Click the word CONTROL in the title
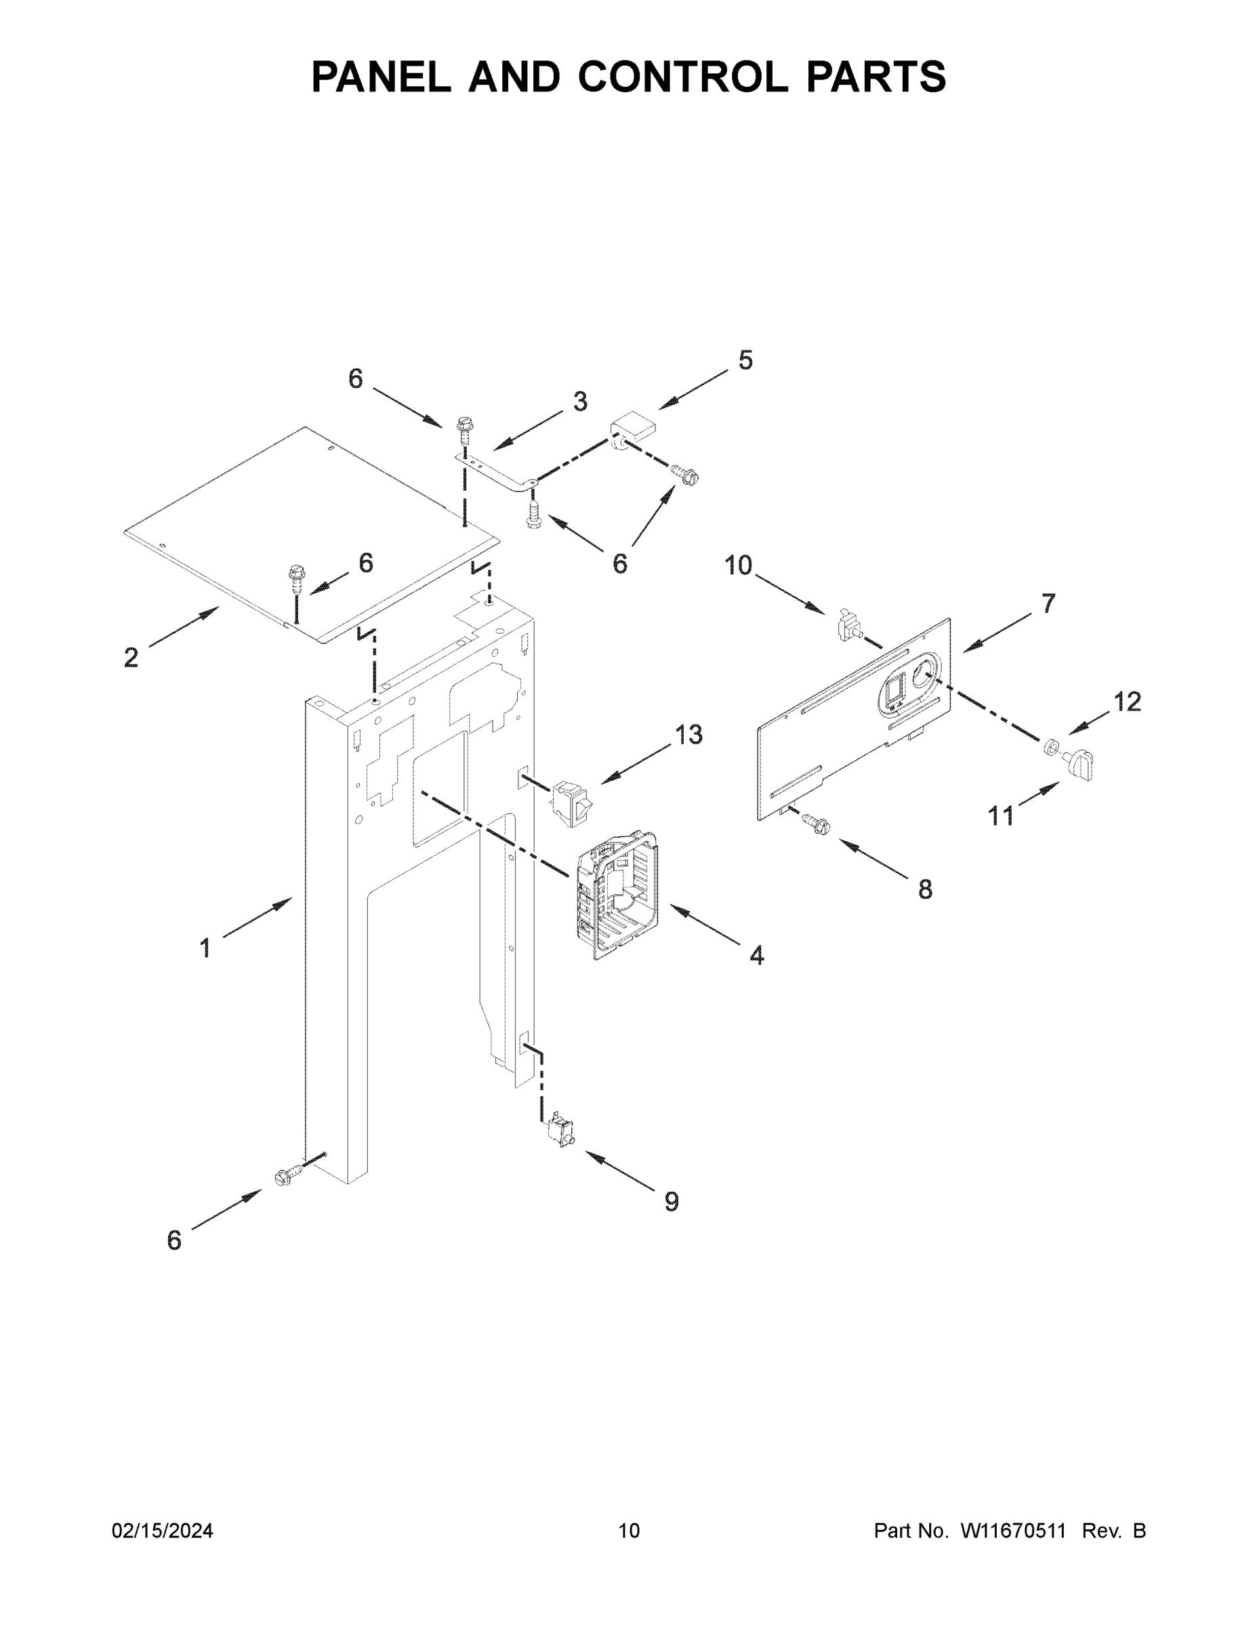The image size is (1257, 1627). click(682, 77)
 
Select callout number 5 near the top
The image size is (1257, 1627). click(745, 361)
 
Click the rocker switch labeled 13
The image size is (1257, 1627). click(572, 801)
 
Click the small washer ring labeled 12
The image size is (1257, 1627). click(1052, 746)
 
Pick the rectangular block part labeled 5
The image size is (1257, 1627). click(634, 431)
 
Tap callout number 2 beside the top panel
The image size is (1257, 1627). click(131, 657)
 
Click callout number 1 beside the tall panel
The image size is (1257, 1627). click(205, 948)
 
